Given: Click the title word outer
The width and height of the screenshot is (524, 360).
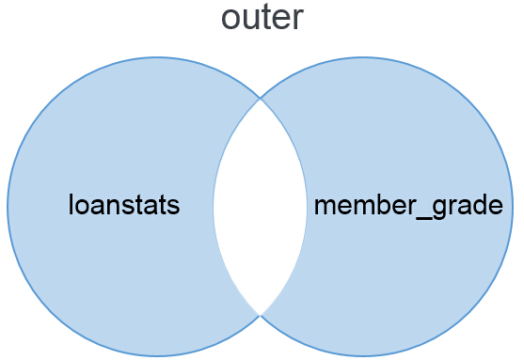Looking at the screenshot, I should (262, 18).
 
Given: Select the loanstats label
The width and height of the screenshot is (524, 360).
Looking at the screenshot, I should (123, 205).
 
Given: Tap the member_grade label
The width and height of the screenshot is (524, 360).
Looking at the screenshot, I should (407, 206).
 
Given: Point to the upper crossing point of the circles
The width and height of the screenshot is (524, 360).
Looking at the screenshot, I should (260, 97).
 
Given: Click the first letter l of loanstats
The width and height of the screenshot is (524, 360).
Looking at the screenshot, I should (71, 204).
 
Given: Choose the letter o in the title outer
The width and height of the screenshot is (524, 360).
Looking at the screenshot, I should (230, 20).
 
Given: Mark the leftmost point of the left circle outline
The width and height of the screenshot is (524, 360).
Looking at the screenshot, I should (8, 207).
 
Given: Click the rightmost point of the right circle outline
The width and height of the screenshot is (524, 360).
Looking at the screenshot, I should (513, 207).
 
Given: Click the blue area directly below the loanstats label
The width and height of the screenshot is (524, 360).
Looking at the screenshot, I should (123, 273).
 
